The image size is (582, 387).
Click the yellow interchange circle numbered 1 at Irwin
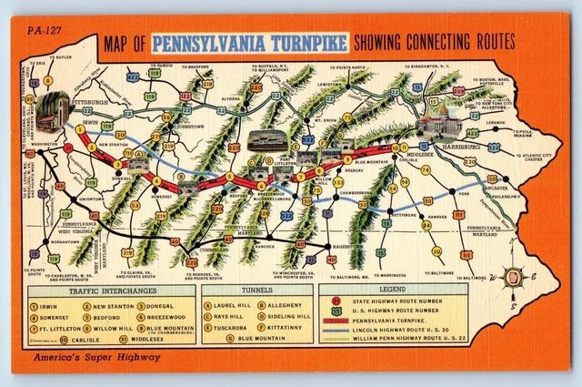click(80, 129)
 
